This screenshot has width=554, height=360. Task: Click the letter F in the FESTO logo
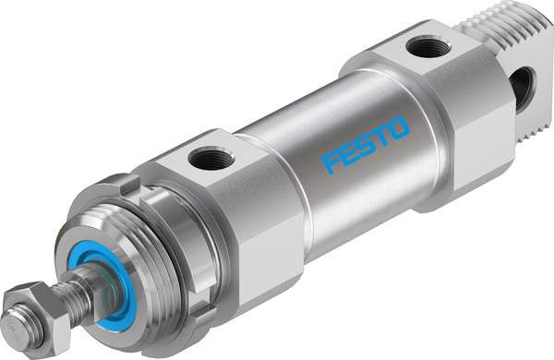pyautogui.click(x=331, y=163)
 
